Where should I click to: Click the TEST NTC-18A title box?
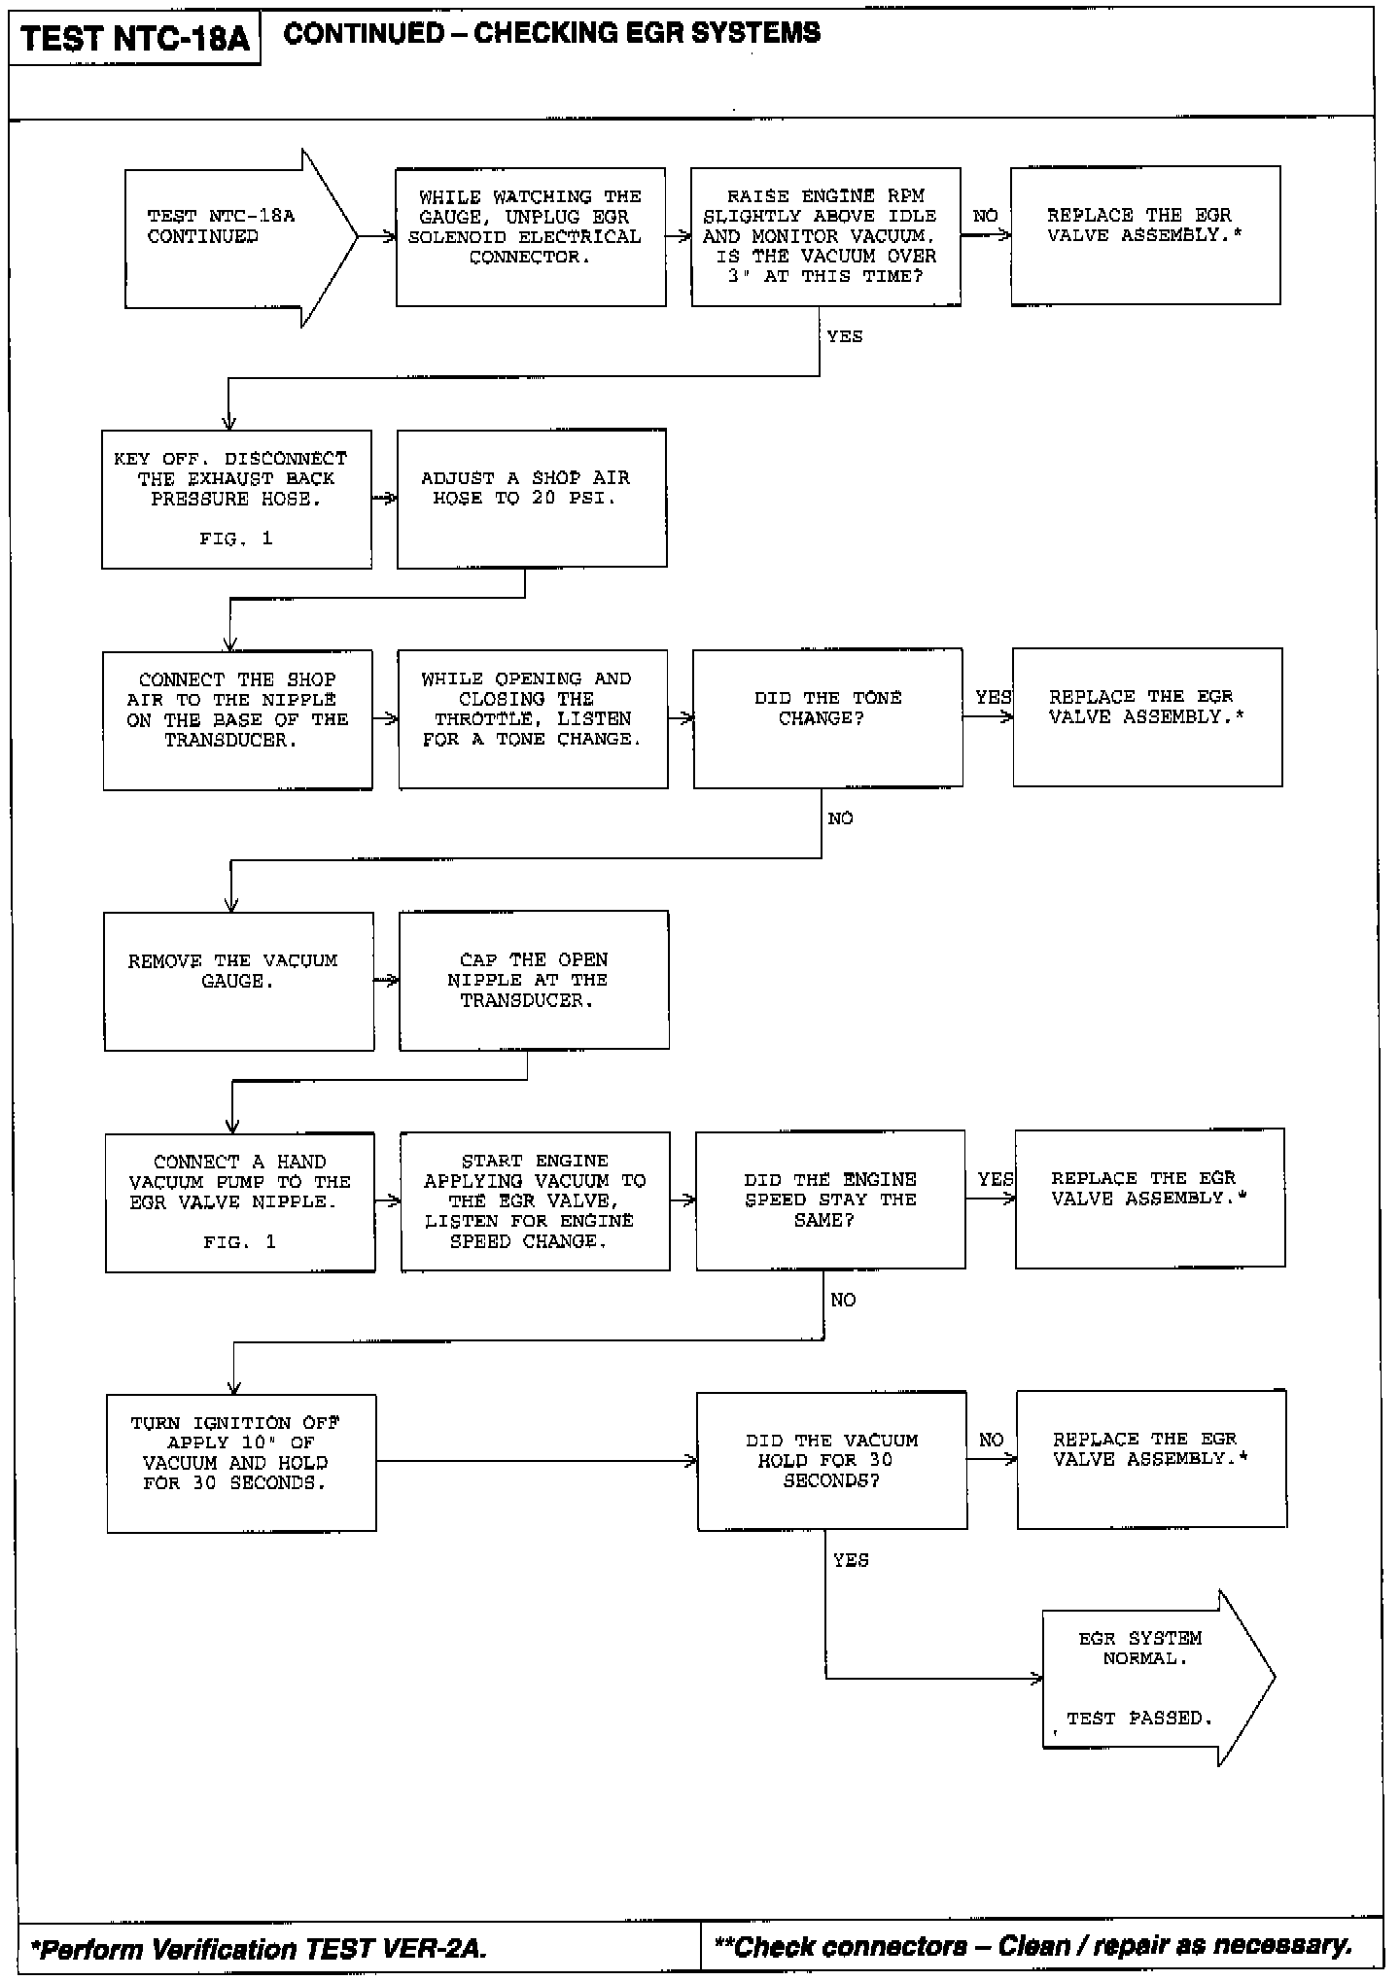(x=134, y=40)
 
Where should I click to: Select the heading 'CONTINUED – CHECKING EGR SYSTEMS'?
(x=551, y=34)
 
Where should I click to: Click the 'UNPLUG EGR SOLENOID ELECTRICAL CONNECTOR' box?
(x=531, y=237)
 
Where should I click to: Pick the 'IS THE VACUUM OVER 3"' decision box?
(x=825, y=237)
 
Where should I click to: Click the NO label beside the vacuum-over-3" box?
(x=985, y=216)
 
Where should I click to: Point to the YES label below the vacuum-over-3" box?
(x=844, y=336)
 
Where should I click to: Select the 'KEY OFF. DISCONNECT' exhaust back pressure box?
(x=236, y=500)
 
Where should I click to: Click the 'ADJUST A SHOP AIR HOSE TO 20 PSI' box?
(x=532, y=498)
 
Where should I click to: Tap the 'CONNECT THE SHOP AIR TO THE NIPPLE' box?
(x=237, y=719)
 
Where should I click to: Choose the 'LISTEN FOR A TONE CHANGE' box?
(x=533, y=719)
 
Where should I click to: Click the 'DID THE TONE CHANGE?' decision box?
(x=827, y=717)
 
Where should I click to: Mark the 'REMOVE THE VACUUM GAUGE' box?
(x=239, y=981)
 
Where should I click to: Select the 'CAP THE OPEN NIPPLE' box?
(x=534, y=980)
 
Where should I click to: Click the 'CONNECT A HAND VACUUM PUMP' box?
(x=240, y=1202)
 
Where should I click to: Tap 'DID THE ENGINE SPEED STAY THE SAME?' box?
(x=830, y=1199)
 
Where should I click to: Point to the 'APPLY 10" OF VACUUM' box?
(x=241, y=1463)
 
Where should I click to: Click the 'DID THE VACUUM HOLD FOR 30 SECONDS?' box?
(x=831, y=1461)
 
